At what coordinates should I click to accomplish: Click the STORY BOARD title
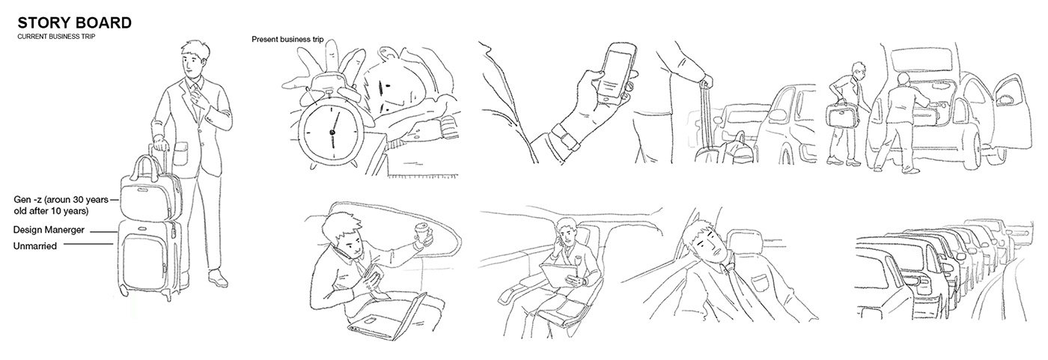pos(74,23)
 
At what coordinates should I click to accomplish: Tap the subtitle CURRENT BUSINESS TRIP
pos(56,37)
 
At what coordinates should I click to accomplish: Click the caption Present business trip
pos(287,40)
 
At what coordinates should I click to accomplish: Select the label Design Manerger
pos(49,230)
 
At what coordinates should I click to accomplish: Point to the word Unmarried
pos(35,246)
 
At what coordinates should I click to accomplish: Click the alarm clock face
pos(332,132)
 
